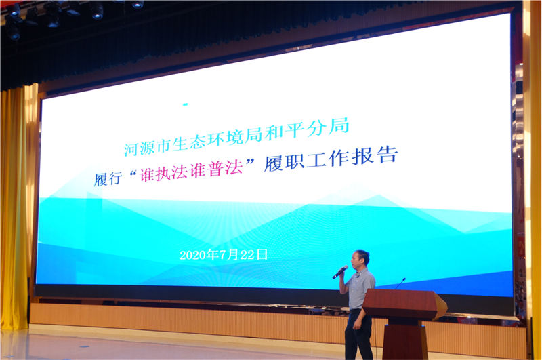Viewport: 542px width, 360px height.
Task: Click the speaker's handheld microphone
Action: pyautogui.click(x=340, y=272)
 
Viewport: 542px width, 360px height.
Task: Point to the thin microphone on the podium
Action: pyautogui.click(x=400, y=283)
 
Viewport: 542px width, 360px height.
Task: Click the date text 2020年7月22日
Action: pyautogui.click(x=224, y=255)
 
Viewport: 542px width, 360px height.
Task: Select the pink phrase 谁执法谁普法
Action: pyautogui.click(x=192, y=170)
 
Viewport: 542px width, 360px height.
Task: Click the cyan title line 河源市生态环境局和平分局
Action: pyautogui.click(x=236, y=136)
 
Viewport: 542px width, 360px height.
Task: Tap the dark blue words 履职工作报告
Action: pyautogui.click(x=331, y=159)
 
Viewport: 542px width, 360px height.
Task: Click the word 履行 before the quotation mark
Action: pyautogui.click(x=108, y=179)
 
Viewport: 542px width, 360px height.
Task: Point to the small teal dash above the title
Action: pyautogui.click(x=185, y=104)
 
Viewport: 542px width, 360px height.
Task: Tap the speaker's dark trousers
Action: pyautogui.click(x=358, y=335)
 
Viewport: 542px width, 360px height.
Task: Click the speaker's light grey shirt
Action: pyautogui.click(x=360, y=289)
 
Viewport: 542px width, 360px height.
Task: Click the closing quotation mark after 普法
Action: pyautogui.click(x=249, y=161)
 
